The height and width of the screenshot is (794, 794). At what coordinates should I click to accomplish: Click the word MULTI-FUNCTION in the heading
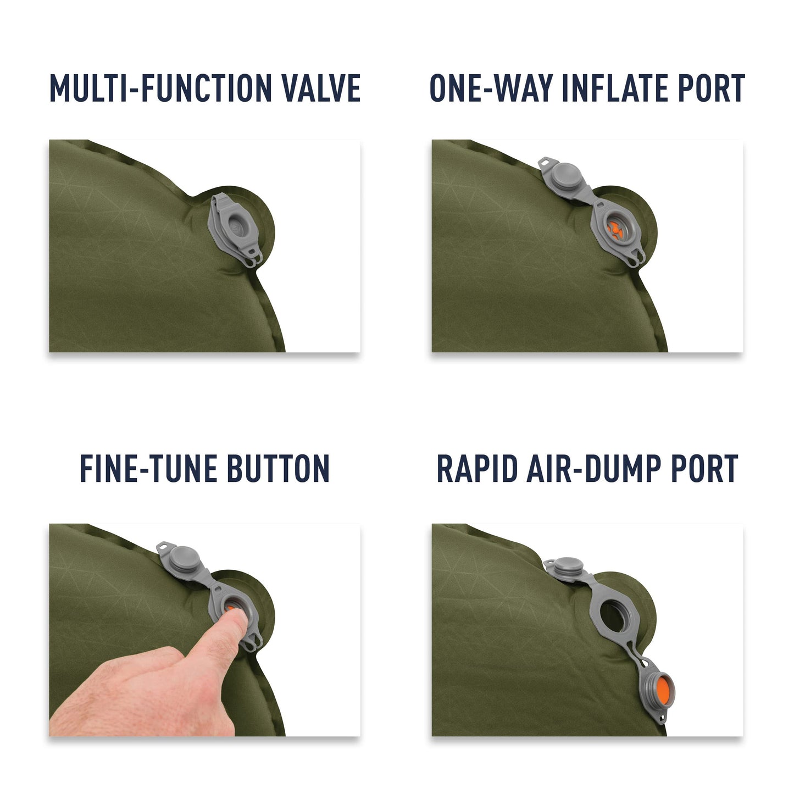160,88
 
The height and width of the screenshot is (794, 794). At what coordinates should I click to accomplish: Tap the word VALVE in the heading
320,88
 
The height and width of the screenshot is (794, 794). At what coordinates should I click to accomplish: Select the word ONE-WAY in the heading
491,88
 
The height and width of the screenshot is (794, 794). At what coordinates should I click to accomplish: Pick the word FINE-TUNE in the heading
148,469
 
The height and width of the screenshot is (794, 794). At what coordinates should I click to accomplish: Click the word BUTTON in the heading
279,469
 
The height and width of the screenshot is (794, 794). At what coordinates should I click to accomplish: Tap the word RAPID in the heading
477,469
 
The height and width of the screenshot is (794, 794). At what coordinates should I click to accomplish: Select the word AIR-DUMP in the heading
594,469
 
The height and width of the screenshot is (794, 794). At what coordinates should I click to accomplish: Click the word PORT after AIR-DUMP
705,469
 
